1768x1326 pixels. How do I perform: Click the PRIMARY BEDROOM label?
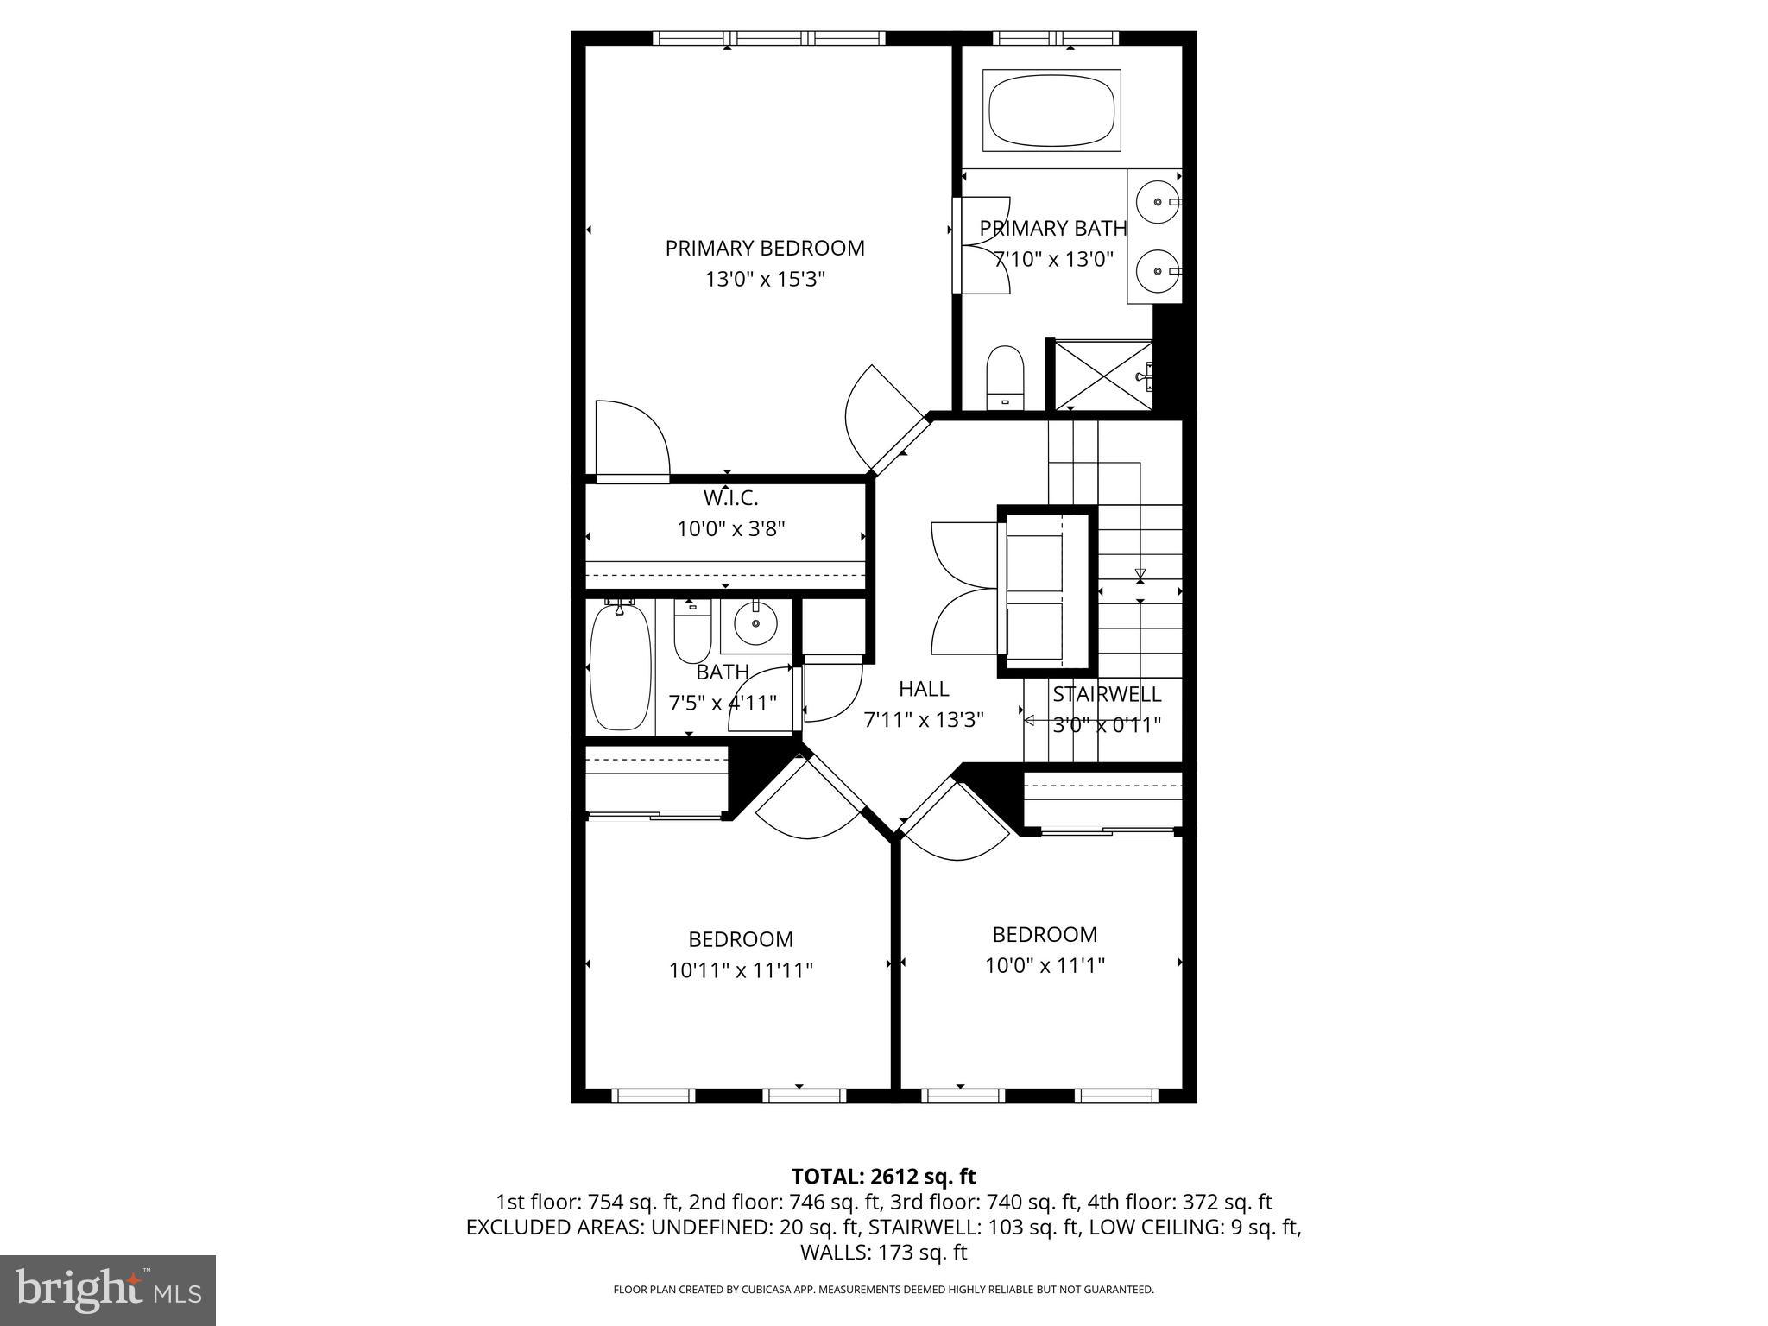click(764, 249)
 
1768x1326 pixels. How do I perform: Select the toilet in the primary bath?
click(1004, 378)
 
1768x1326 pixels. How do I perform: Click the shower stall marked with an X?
click(1098, 376)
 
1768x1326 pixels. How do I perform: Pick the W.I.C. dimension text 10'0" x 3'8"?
click(730, 529)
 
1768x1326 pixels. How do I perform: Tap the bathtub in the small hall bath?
click(619, 668)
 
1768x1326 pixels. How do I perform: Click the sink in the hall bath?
click(755, 623)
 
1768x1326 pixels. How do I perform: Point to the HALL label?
click(923, 689)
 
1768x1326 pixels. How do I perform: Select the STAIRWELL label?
click(1106, 694)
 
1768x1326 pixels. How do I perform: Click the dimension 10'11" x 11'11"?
click(741, 971)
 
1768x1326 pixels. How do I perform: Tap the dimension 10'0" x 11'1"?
click(1045, 966)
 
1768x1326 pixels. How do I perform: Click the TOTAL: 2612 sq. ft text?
click(883, 1177)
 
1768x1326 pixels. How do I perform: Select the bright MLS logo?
click(108, 1291)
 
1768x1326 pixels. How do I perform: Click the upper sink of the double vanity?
click(1157, 202)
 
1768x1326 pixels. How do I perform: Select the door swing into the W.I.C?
click(630, 439)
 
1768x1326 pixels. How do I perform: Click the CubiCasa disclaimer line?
click(883, 1290)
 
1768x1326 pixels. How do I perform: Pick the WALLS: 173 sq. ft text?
click(883, 1253)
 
